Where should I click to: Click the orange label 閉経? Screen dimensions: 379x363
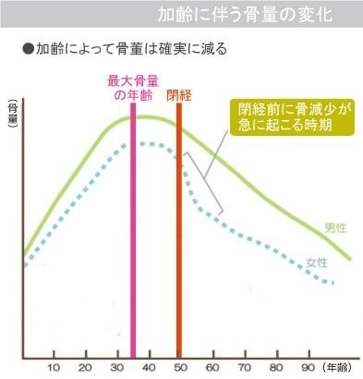pyautogui.click(x=179, y=94)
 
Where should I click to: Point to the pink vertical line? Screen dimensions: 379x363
pyautogui.click(x=134, y=231)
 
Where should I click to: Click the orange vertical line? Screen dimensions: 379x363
pyautogui.click(x=179, y=231)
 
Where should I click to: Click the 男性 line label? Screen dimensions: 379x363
pyautogui.click(x=335, y=227)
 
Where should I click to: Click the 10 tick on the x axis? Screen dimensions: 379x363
pyautogui.click(x=54, y=368)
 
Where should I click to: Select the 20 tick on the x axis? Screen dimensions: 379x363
pyautogui.click(x=86, y=368)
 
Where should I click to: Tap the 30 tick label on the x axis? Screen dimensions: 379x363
pyautogui.click(x=117, y=368)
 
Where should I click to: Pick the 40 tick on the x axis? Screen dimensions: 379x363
pyautogui.click(x=148, y=368)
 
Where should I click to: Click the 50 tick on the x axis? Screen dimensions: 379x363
pyautogui.click(x=179, y=368)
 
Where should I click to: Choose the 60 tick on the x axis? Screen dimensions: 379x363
pyautogui.click(x=211, y=368)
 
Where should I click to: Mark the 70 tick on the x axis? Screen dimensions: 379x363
pyautogui.click(x=242, y=368)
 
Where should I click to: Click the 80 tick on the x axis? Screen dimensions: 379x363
pyautogui.click(x=273, y=368)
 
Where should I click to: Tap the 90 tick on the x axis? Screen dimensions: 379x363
pyautogui.click(x=305, y=368)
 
